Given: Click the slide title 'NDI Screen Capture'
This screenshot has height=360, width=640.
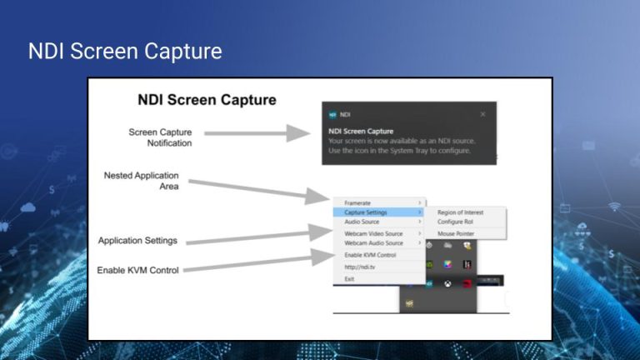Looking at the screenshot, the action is (125, 52).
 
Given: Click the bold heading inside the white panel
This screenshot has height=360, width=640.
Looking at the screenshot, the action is (207, 100).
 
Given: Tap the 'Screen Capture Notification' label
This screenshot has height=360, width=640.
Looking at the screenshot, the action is (160, 137).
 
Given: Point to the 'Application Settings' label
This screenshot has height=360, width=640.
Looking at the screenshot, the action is (137, 241).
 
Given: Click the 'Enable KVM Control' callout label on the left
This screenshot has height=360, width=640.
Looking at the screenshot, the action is (137, 270).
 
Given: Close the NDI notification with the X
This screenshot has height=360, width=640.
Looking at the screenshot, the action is (482, 114).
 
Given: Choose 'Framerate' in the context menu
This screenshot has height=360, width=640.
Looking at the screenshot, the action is (358, 202).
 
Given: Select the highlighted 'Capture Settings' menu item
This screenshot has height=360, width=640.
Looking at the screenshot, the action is (366, 212).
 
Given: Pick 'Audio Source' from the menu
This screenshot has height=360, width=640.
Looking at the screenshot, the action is (362, 222).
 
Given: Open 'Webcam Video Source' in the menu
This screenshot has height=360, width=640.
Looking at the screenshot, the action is (373, 233).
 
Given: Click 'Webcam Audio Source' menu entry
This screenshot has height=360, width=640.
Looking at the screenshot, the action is (373, 243).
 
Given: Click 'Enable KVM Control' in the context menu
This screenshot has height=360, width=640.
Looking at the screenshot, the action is (370, 255).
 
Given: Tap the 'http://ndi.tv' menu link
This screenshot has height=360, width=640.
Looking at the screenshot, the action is (359, 267).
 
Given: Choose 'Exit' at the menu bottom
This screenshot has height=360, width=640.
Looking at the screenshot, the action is (350, 278).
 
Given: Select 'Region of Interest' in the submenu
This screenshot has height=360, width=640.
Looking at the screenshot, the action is (460, 212).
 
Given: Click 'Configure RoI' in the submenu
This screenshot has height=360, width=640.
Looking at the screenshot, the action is (455, 222).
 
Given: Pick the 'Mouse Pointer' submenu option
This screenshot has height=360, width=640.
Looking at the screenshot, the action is (456, 234).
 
